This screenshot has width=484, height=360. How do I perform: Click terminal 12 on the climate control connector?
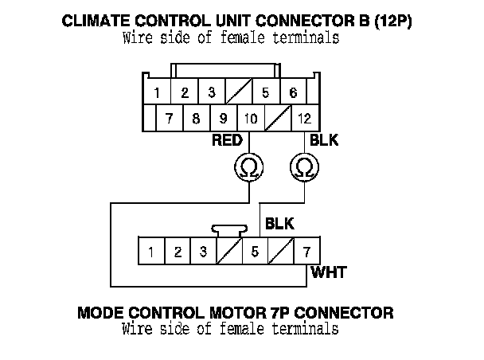[303, 119]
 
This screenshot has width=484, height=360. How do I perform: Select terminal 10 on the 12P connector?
[250, 119]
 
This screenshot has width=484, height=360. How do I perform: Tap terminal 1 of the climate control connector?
[158, 93]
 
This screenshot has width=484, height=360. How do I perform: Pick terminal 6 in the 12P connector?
[293, 93]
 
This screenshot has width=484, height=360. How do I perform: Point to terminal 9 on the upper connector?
[223, 119]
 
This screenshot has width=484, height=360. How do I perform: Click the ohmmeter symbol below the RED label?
[249, 166]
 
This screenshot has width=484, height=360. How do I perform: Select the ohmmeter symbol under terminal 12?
[303, 166]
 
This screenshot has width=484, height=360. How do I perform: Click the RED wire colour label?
[227, 141]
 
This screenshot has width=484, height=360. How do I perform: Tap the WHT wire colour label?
[328, 273]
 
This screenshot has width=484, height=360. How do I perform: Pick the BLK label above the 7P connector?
[279, 224]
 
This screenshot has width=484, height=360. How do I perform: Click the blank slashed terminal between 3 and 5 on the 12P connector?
[239, 93]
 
